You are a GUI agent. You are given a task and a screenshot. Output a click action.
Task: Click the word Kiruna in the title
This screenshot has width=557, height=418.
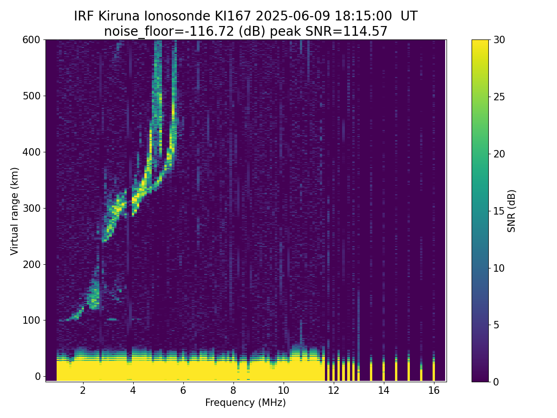118,16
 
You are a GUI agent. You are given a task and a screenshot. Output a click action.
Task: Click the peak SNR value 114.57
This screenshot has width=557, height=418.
365,32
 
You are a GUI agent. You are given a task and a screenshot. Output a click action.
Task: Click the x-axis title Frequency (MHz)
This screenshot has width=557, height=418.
246,403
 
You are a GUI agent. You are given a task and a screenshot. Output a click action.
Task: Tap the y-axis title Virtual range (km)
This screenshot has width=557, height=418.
14,211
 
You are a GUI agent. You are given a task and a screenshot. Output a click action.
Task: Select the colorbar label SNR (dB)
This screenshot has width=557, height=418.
512,211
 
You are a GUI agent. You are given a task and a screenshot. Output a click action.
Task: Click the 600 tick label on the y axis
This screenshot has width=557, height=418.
32,40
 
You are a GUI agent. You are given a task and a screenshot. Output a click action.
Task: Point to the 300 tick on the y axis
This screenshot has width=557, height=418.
32,208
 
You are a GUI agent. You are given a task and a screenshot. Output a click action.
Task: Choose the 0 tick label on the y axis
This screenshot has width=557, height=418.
38,376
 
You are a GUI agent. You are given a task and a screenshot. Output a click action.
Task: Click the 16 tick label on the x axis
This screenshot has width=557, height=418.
434,391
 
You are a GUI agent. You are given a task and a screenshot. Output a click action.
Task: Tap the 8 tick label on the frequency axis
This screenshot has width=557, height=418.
233,391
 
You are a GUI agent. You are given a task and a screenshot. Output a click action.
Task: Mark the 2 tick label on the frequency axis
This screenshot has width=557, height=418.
83,391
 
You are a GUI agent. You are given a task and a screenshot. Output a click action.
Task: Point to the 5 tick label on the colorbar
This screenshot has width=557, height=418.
496,325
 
